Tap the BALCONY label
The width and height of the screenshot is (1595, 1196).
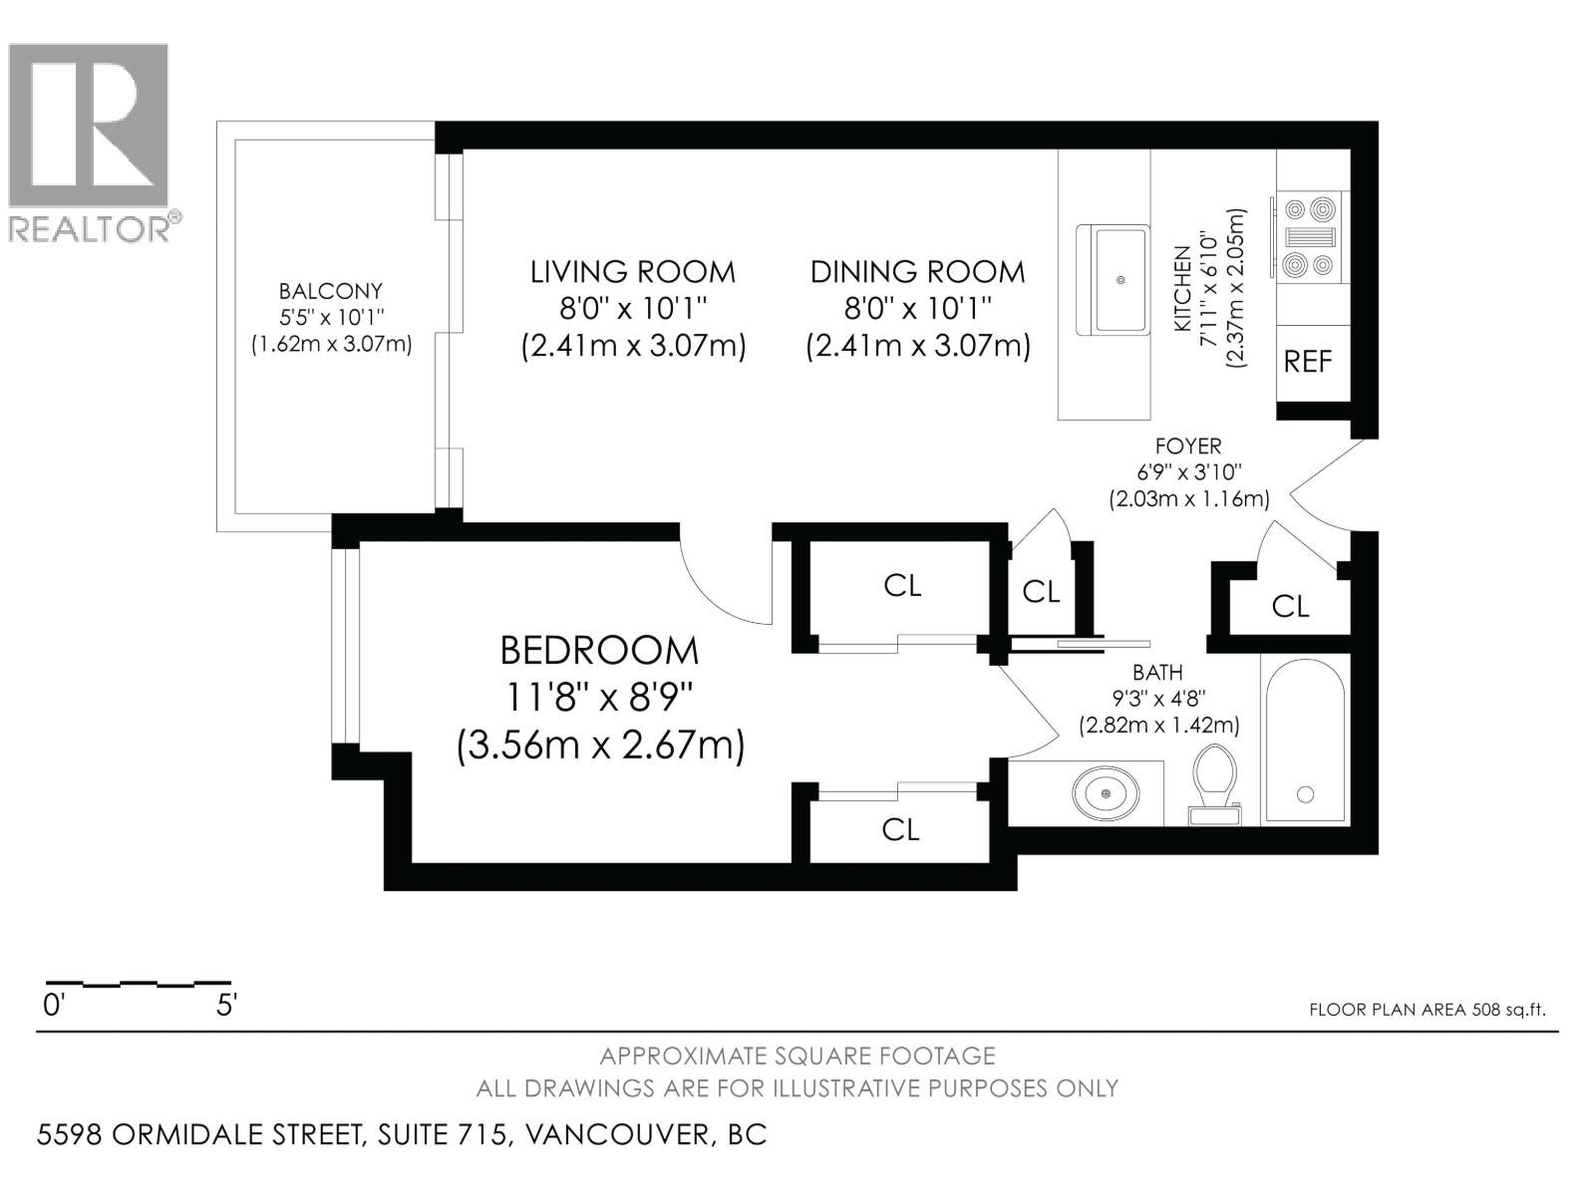tap(330, 291)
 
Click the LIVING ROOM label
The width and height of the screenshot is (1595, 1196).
tap(632, 272)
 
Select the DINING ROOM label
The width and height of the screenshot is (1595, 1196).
tap(917, 272)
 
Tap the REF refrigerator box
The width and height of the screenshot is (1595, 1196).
tap(1308, 361)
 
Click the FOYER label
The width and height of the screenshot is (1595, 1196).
tap(1187, 447)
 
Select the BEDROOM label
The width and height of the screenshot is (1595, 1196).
tap(599, 651)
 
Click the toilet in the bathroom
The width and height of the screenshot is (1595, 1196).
tap(1215, 783)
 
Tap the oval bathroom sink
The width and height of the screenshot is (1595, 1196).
tap(1106, 793)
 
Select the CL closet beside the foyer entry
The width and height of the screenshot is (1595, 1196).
tap(1290, 605)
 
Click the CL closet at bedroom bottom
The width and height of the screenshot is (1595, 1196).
tap(900, 829)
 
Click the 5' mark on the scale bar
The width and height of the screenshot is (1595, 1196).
tap(226, 1005)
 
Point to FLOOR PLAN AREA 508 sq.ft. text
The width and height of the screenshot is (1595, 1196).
tap(1427, 1010)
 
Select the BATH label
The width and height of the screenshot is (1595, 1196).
tap(1157, 674)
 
